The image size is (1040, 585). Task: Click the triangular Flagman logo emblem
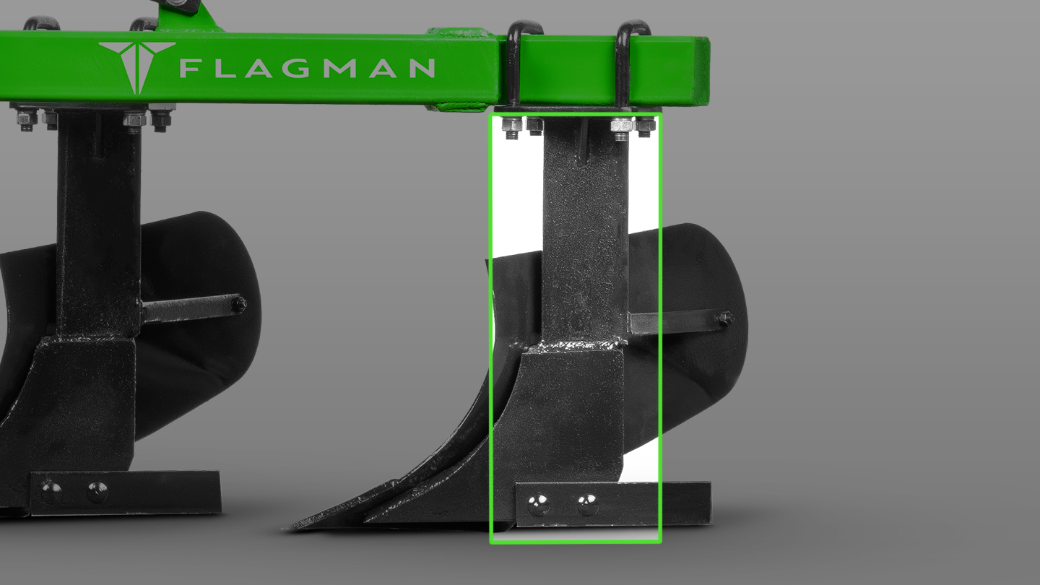[136, 65]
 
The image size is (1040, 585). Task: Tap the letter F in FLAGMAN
[190, 69]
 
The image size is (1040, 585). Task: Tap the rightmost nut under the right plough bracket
[644, 128]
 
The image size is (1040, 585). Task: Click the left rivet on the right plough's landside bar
[537, 503]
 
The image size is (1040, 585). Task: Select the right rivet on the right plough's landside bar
[587, 504]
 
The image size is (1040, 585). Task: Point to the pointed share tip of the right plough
[289, 526]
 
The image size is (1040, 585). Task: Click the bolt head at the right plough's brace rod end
[725, 318]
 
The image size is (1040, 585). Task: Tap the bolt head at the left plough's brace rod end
[238, 304]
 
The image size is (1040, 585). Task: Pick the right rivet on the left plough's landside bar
[97, 492]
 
